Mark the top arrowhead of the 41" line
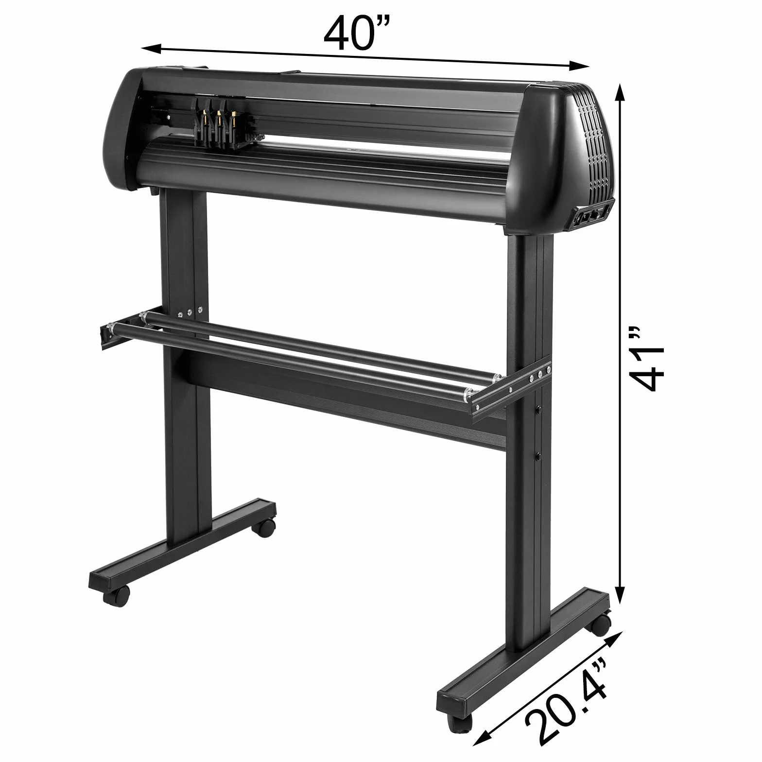click(620, 92)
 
